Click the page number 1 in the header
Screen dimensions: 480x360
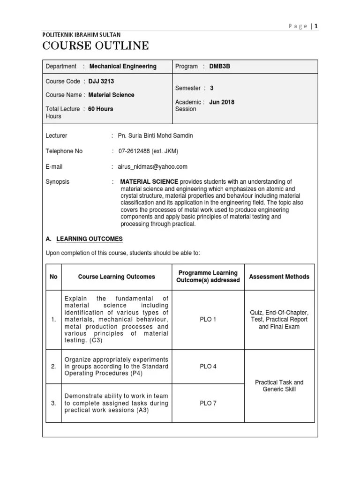point(316,26)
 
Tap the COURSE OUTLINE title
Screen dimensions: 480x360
point(96,46)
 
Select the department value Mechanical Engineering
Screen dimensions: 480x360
point(123,67)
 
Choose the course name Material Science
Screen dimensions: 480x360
point(111,95)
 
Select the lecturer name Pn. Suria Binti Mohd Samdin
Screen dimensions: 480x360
point(155,136)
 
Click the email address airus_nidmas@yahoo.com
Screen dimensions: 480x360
point(152,166)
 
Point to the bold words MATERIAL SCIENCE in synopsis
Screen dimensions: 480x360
point(149,182)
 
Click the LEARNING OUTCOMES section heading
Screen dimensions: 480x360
point(90,239)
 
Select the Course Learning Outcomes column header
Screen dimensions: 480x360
point(116,277)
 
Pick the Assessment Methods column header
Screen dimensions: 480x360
point(279,277)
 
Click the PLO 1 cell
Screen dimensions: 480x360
point(208,319)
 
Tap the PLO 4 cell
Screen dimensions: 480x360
point(208,367)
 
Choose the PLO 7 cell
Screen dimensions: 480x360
point(208,403)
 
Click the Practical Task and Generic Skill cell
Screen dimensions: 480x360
point(279,386)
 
